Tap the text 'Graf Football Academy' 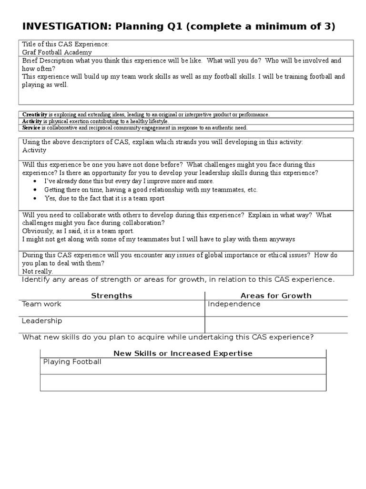click(57, 53)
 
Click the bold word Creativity click(35, 115)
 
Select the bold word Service click(31, 128)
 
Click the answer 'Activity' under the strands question click(34, 150)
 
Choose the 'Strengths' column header click(112, 296)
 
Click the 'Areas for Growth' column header click(276, 296)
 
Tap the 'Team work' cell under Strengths click(41, 304)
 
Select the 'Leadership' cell click(42, 321)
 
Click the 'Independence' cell click(234, 304)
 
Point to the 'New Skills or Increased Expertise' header click(183, 353)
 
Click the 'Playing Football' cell click(72, 362)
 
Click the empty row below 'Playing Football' click(183, 383)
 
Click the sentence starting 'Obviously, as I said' click(78, 231)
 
